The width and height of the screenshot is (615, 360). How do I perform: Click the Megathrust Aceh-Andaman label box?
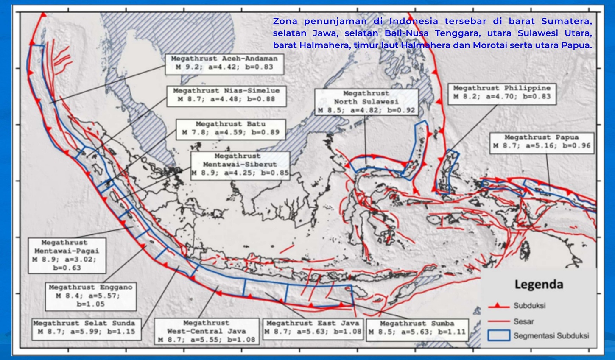click(x=224, y=63)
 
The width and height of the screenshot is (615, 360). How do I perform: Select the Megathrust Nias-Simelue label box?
click(x=226, y=95)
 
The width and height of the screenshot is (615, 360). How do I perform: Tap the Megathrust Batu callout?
click(x=230, y=128)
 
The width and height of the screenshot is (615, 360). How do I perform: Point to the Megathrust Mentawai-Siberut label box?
click(x=240, y=165)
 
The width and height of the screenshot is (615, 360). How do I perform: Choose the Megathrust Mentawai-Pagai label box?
click(x=67, y=255)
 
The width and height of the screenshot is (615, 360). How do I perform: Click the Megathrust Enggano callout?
click(x=90, y=296)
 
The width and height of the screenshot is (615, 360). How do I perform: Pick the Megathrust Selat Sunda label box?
click(x=86, y=327)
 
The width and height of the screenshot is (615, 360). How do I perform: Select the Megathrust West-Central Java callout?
click(x=206, y=331)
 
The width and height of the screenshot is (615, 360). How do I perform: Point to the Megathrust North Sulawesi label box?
click(x=366, y=102)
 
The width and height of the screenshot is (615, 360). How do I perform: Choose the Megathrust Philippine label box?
click(x=502, y=92)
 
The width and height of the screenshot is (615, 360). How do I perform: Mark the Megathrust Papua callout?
click(x=541, y=142)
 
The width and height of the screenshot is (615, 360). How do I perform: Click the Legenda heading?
click(x=539, y=285)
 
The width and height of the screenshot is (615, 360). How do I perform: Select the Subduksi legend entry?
click(x=529, y=306)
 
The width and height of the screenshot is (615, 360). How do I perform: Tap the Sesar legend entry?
click(x=523, y=321)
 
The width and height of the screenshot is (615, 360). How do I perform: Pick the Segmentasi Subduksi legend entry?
click(x=551, y=336)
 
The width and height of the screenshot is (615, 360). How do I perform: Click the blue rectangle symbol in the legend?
click(x=498, y=335)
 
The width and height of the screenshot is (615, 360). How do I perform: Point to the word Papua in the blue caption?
click(x=580, y=45)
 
